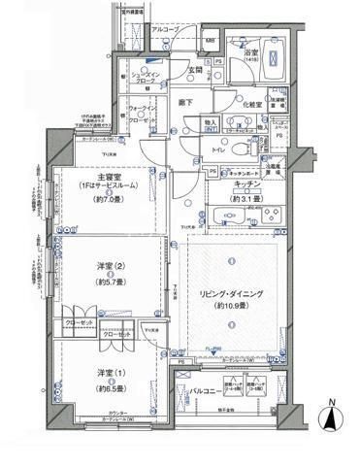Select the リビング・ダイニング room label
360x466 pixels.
click(231, 292)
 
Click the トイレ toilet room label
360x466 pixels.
click(221, 151)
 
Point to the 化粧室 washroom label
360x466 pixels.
click(250, 104)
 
